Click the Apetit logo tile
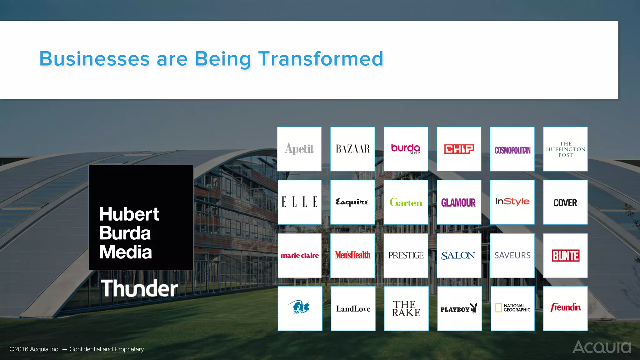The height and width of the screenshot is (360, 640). coord(299,149)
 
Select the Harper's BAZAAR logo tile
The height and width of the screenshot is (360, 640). coord(352,149)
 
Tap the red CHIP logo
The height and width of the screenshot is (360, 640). coord(459,149)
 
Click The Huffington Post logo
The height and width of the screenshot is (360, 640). coord(565,149)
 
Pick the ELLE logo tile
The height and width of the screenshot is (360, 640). coord(299,202)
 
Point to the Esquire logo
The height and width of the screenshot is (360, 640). coord(352,202)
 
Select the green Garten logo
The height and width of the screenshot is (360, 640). coord(406,202)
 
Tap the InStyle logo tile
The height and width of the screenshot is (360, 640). coord(512,202)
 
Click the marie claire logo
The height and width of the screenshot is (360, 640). coord(300,256)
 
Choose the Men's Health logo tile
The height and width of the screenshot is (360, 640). coord(352,255)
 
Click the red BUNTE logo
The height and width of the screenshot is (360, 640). coord(566,256)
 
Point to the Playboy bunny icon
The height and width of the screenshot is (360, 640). coord(474,307)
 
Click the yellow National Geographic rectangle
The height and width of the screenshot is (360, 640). coord(498,308)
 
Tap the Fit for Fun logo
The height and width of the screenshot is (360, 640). coord(301,307)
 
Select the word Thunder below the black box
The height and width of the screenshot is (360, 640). coord(139,288)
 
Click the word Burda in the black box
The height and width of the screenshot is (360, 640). coord(125,233)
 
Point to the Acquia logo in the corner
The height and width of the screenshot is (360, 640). coord(602,347)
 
